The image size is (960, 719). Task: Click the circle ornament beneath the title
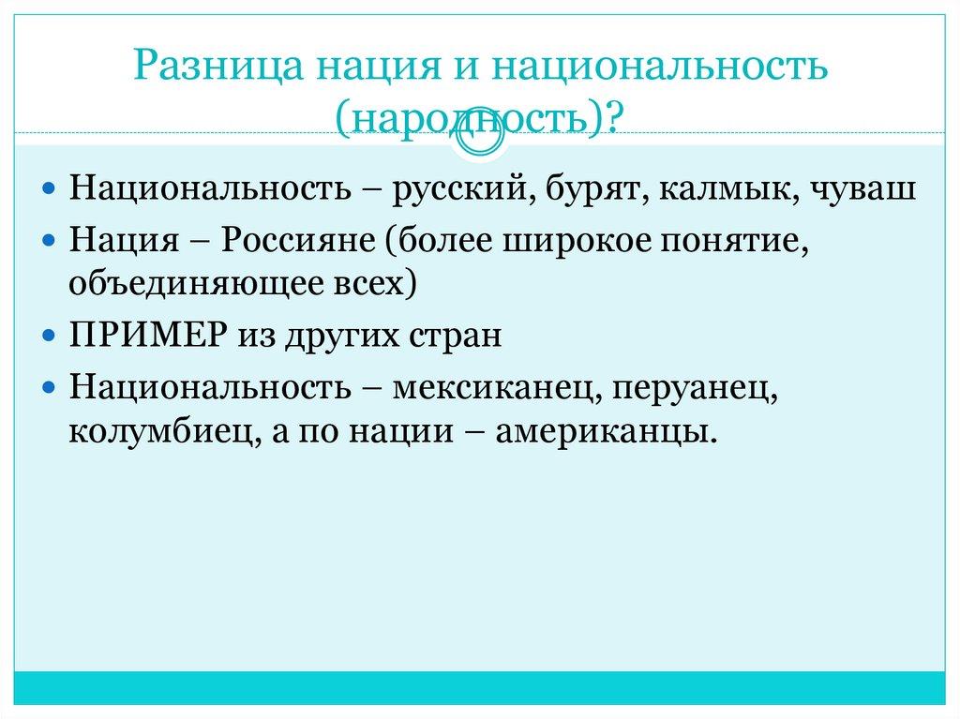tap(479, 136)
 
